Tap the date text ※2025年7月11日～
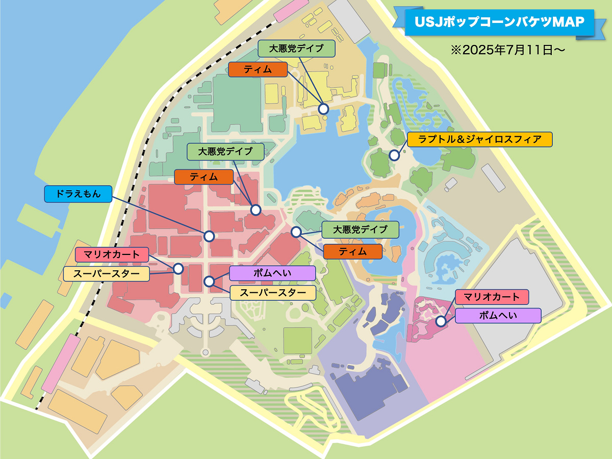[x=508, y=51]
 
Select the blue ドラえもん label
[x=78, y=194]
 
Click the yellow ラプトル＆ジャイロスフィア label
[x=480, y=139]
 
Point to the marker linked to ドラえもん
[x=209, y=236]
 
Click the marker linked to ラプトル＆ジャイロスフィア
[x=394, y=155]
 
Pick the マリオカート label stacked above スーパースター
[x=111, y=254]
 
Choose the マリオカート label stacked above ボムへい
[x=492, y=296]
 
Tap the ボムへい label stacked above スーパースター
[x=272, y=273]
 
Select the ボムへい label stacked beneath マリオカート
[x=498, y=316]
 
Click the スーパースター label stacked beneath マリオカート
[x=106, y=274]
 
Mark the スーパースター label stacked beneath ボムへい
[x=272, y=293]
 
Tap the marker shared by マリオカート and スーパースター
[x=178, y=268]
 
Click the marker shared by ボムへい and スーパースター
[x=209, y=281]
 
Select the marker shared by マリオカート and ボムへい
[x=441, y=321]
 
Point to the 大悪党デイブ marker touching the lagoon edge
[x=323, y=109]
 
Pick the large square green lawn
[x=297, y=340]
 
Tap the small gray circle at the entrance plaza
[x=206, y=352]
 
